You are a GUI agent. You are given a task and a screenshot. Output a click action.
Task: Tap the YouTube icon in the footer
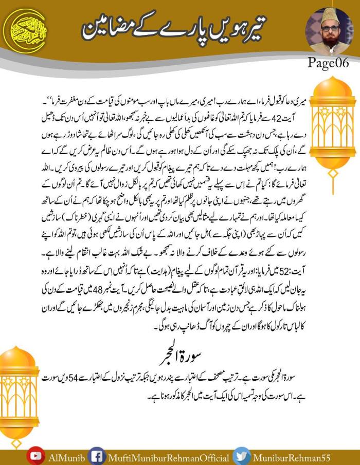point(35,456)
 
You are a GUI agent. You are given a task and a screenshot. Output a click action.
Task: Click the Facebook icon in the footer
point(96,456)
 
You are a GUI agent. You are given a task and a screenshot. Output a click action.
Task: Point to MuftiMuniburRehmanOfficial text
point(168,457)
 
